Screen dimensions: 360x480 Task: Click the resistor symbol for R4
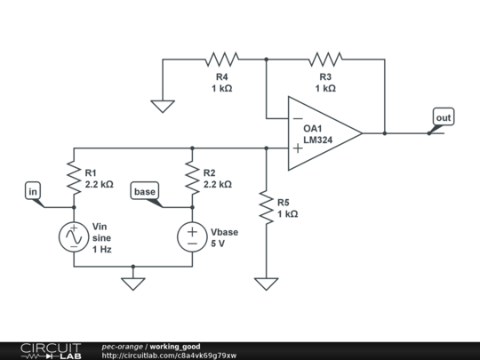(x=221, y=60)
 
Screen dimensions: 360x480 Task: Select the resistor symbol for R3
(x=326, y=60)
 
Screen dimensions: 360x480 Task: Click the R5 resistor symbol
(x=266, y=207)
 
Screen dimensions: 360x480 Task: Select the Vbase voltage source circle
(x=192, y=236)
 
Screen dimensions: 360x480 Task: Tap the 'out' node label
(x=443, y=117)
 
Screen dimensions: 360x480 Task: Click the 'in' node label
(x=33, y=190)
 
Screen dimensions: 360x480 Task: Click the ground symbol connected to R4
(x=162, y=106)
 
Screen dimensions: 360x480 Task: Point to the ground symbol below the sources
(x=132, y=284)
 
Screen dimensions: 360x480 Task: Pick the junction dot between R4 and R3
(x=266, y=60)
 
